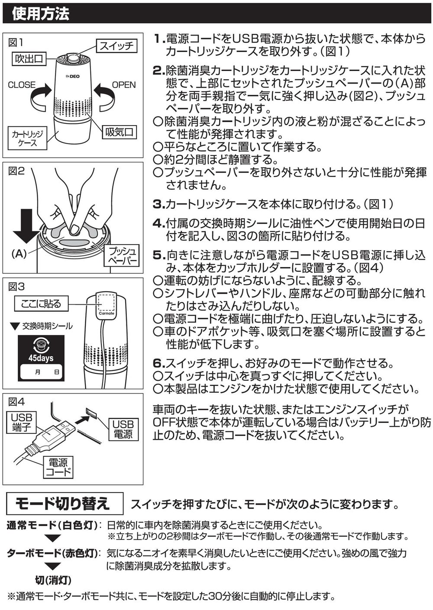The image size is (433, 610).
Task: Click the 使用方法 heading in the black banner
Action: point(41,13)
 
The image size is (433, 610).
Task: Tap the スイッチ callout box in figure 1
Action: point(116,46)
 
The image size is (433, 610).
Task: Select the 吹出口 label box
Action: point(29,59)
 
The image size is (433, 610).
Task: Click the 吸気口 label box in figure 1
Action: point(119,132)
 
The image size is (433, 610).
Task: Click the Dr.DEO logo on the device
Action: point(73,76)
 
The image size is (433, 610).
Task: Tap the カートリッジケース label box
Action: point(28,138)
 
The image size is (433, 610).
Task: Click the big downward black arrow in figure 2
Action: point(26,226)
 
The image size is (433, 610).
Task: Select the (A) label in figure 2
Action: point(19,254)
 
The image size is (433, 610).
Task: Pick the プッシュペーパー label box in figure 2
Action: point(122,256)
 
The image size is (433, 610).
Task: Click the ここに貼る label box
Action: point(41,303)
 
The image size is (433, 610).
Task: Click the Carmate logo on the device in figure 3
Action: point(107,313)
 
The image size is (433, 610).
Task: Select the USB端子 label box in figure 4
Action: point(22,423)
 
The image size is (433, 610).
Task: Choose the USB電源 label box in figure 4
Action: point(123,429)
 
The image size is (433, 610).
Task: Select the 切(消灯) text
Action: point(53,580)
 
